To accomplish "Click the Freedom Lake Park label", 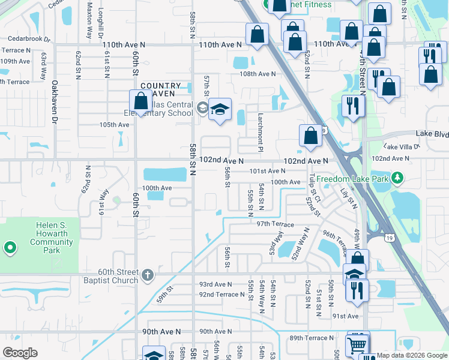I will point(352,179).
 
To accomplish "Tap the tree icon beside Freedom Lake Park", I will point(397,178).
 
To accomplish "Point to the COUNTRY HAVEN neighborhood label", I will point(161,90).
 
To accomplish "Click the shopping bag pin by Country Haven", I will point(140,101).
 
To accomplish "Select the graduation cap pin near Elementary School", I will point(220,110).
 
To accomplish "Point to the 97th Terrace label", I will point(275,224).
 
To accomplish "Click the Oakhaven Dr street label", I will point(54,111).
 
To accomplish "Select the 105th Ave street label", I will point(114,125).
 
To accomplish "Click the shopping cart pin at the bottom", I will point(358,344).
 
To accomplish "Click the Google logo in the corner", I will point(20,353).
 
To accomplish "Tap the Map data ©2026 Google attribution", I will point(412,355).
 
